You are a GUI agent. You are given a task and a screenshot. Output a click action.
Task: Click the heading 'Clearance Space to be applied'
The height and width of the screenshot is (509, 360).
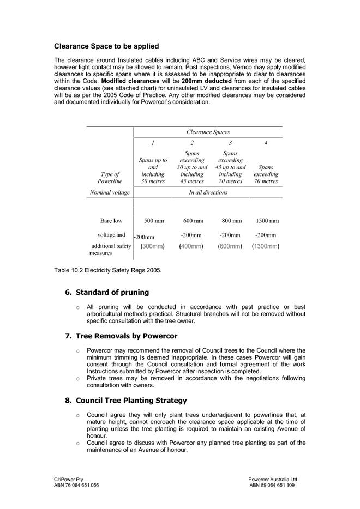pyautogui.click(x=106, y=46)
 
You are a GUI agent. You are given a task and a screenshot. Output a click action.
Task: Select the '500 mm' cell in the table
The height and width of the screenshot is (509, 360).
pyautogui.click(x=154, y=221)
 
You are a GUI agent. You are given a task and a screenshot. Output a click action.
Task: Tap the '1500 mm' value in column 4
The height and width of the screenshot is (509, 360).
pyautogui.click(x=267, y=221)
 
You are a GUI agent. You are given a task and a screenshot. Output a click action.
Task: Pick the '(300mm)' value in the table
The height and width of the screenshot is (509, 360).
pyautogui.click(x=153, y=246)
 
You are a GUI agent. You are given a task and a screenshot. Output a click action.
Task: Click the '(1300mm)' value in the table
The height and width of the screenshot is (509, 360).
pyautogui.click(x=266, y=246)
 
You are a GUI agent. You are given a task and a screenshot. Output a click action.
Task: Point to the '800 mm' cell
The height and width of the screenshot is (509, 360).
pyautogui.click(x=231, y=221)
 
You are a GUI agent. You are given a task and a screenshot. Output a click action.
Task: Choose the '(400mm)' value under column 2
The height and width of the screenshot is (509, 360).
pyautogui.click(x=191, y=246)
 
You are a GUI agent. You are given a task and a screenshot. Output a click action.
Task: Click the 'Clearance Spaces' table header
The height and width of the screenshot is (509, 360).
pyautogui.click(x=208, y=132)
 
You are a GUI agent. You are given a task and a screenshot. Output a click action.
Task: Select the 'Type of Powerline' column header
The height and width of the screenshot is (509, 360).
pyautogui.click(x=110, y=178)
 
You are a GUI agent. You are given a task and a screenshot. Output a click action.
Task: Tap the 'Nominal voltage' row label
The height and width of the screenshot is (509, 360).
pyautogui.click(x=109, y=192)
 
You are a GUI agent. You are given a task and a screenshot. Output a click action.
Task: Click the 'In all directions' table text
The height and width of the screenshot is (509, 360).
pyautogui.click(x=208, y=192)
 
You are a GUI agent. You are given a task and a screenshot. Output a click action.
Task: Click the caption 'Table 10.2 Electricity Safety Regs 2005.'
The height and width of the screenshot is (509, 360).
pyautogui.click(x=108, y=270)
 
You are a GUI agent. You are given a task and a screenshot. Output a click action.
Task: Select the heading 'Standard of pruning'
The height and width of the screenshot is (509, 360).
pyautogui.click(x=112, y=293)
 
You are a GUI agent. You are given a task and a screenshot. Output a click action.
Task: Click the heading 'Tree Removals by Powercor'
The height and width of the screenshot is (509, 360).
pyautogui.click(x=126, y=336)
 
